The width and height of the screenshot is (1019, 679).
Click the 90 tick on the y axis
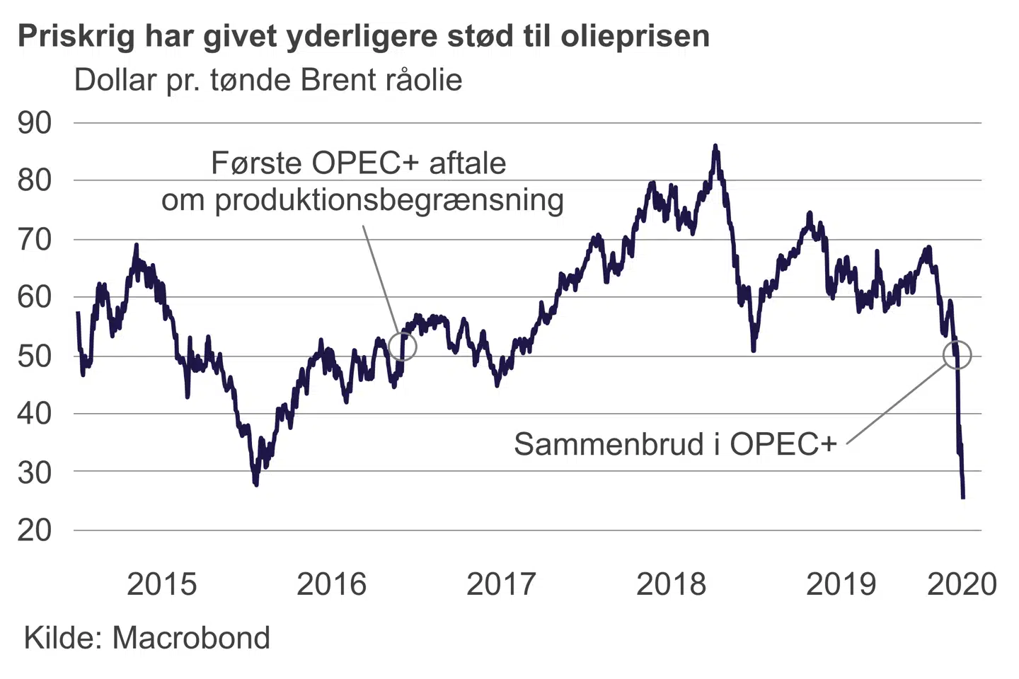pos(35,123)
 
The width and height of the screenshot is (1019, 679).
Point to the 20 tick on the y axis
pos(35,530)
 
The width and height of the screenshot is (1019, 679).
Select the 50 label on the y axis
pos(35,355)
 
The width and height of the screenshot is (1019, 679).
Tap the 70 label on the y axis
pos(35,239)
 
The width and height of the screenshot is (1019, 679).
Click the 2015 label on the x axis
pos(161,584)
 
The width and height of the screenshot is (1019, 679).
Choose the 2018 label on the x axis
pos(671,584)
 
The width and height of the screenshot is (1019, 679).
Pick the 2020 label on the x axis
pos(962,584)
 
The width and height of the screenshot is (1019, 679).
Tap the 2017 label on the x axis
pos(501,584)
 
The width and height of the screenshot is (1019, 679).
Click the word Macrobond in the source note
pos(191,638)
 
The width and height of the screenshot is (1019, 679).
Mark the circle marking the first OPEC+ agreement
pos(403,347)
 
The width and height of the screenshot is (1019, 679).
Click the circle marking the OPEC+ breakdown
pos(957,355)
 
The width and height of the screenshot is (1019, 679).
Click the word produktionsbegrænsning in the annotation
pos(389,200)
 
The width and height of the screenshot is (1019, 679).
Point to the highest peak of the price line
pos(715,146)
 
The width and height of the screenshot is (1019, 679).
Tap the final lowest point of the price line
pos(963,497)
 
